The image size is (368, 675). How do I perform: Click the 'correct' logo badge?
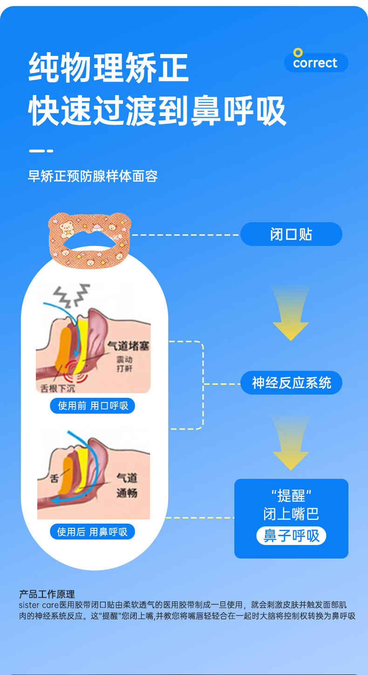click(316, 63)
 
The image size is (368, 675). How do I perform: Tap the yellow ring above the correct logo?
click(298, 53)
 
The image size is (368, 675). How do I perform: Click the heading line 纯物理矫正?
click(109, 68)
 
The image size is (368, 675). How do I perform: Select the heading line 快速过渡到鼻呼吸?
click(157, 111)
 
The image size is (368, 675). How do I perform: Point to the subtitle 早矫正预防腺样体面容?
click(93, 177)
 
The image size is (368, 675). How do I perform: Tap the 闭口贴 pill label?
click(291, 234)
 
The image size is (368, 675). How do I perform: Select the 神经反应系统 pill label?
click(291, 383)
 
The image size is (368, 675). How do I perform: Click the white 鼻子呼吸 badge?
click(291, 536)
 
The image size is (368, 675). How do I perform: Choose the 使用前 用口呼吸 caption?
click(92, 406)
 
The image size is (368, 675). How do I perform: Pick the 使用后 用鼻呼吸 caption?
click(92, 532)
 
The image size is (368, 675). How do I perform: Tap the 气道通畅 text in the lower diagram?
click(127, 485)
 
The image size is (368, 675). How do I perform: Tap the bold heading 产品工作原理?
click(47, 594)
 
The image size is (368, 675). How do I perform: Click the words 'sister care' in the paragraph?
click(39, 605)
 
